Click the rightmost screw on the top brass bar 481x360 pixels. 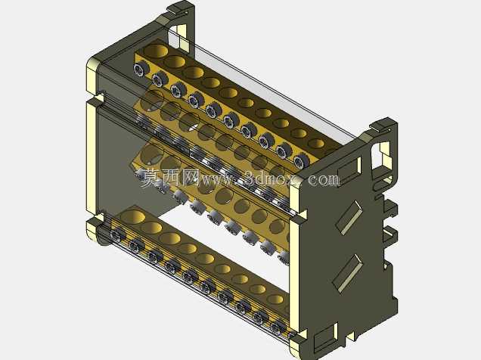click(x=301, y=160)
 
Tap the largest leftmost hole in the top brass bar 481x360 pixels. click(x=157, y=51)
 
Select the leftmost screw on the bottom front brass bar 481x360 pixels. click(x=117, y=235)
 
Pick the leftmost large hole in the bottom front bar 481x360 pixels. click(x=133, y=216)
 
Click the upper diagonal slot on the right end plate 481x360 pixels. click(x=349, y=217)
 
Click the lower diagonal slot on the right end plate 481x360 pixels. click(x=348, y=273)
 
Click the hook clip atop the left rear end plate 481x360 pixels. click(x=181, y=9)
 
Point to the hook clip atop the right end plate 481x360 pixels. click(x=383, y=126)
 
